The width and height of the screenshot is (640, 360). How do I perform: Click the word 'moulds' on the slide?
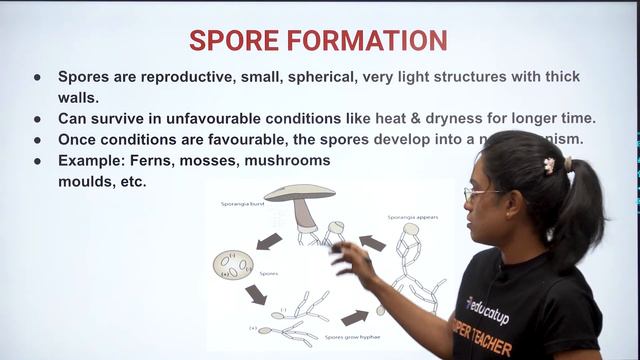point(86,182)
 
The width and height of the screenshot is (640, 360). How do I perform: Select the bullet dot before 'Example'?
point(37,160)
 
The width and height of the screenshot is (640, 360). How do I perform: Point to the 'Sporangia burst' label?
point(243,203)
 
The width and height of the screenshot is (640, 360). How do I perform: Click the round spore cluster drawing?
point(233,264)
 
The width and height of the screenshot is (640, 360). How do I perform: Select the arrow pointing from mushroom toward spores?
point(268,241)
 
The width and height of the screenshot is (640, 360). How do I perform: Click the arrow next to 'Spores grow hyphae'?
point(354,318)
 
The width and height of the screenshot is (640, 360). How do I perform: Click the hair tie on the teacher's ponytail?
point(549,165)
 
